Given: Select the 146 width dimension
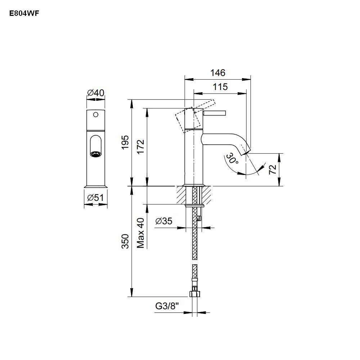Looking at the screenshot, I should pos(218,73).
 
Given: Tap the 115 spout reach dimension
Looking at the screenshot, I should pos(220,86).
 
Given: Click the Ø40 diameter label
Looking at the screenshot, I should pos(96,93).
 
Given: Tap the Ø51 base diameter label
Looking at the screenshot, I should pos(96,197).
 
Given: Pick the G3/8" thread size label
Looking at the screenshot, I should pos(167,306).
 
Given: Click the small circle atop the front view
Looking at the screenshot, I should pos(96,115).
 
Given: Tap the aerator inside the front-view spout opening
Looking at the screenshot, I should pos(96,154).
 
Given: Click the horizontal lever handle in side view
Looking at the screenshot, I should pos(215,113).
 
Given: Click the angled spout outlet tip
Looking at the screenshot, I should pos(247,149).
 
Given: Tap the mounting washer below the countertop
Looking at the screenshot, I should pos(194,206).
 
